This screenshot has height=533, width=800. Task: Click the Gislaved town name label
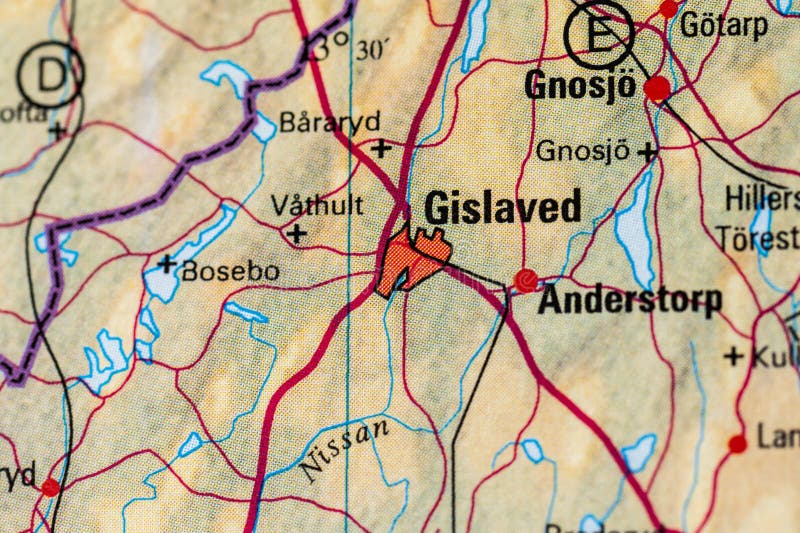pos(502,208)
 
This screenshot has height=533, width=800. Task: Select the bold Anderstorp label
pos(629,300)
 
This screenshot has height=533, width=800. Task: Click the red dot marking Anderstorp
pos(526,281)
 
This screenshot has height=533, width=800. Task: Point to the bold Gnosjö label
pos(580,86)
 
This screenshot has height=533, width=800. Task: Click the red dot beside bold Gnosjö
pos(657,89)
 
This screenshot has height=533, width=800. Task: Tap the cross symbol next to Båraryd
pos(381,149)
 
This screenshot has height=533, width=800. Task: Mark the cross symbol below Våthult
pos(295,234)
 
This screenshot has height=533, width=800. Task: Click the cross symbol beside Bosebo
pos(166,264)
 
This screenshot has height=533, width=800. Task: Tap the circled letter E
pos(598,33)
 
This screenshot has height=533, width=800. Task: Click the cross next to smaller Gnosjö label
pos(648,152)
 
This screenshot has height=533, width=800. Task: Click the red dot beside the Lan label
pos(737,443)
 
